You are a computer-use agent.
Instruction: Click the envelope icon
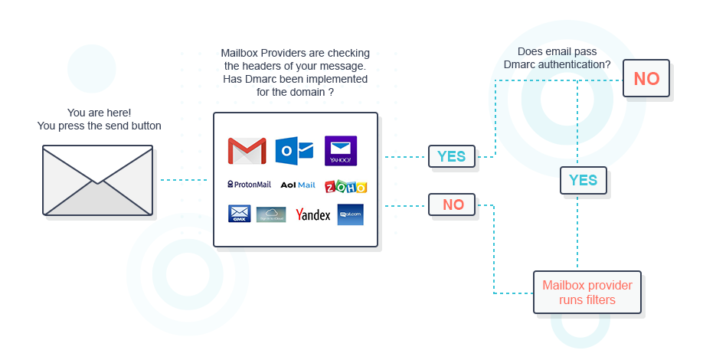[x=97, y=181]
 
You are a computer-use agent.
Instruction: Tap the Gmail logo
[x=247, y=151]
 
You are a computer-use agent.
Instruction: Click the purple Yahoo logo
[x=341, y=151]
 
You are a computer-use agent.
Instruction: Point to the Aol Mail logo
[x=298, y=185]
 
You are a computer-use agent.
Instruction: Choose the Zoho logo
[x=345, y=186]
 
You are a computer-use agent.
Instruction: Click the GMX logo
[x=239, y=214]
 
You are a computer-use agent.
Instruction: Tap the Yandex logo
[x=312, y=214]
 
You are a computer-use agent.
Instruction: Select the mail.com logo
[x=350, y=214]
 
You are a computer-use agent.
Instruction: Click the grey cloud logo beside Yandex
[x=271, y=214]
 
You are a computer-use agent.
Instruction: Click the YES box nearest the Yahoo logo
[x=451, y=156]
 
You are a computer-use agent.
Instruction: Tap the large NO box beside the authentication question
[x=646, y=78]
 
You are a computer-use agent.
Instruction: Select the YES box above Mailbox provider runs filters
[x=583, y=180]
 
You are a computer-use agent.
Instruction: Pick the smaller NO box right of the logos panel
[x=452, y=205]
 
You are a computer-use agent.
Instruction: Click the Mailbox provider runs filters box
[x=587, y=292]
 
